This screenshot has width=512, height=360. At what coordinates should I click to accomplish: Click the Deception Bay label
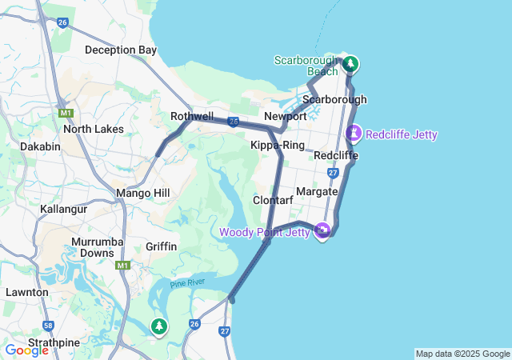121,50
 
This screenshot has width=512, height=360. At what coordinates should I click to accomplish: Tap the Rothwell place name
192,117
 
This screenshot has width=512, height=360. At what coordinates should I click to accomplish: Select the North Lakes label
94,129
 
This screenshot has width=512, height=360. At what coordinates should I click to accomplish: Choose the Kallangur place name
63,209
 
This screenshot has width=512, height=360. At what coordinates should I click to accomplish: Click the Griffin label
162,246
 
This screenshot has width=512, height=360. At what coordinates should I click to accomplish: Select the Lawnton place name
27,292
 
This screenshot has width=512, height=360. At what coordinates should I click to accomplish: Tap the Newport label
286,117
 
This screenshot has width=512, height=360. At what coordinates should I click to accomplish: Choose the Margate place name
317,192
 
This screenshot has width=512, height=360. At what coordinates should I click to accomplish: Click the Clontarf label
273,200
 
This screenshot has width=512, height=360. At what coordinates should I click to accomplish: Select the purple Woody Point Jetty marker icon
323,231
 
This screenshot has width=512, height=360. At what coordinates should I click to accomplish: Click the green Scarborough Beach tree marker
350,63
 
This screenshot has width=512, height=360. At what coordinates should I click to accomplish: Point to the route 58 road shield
49,326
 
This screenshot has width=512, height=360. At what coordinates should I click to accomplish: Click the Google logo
26,350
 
